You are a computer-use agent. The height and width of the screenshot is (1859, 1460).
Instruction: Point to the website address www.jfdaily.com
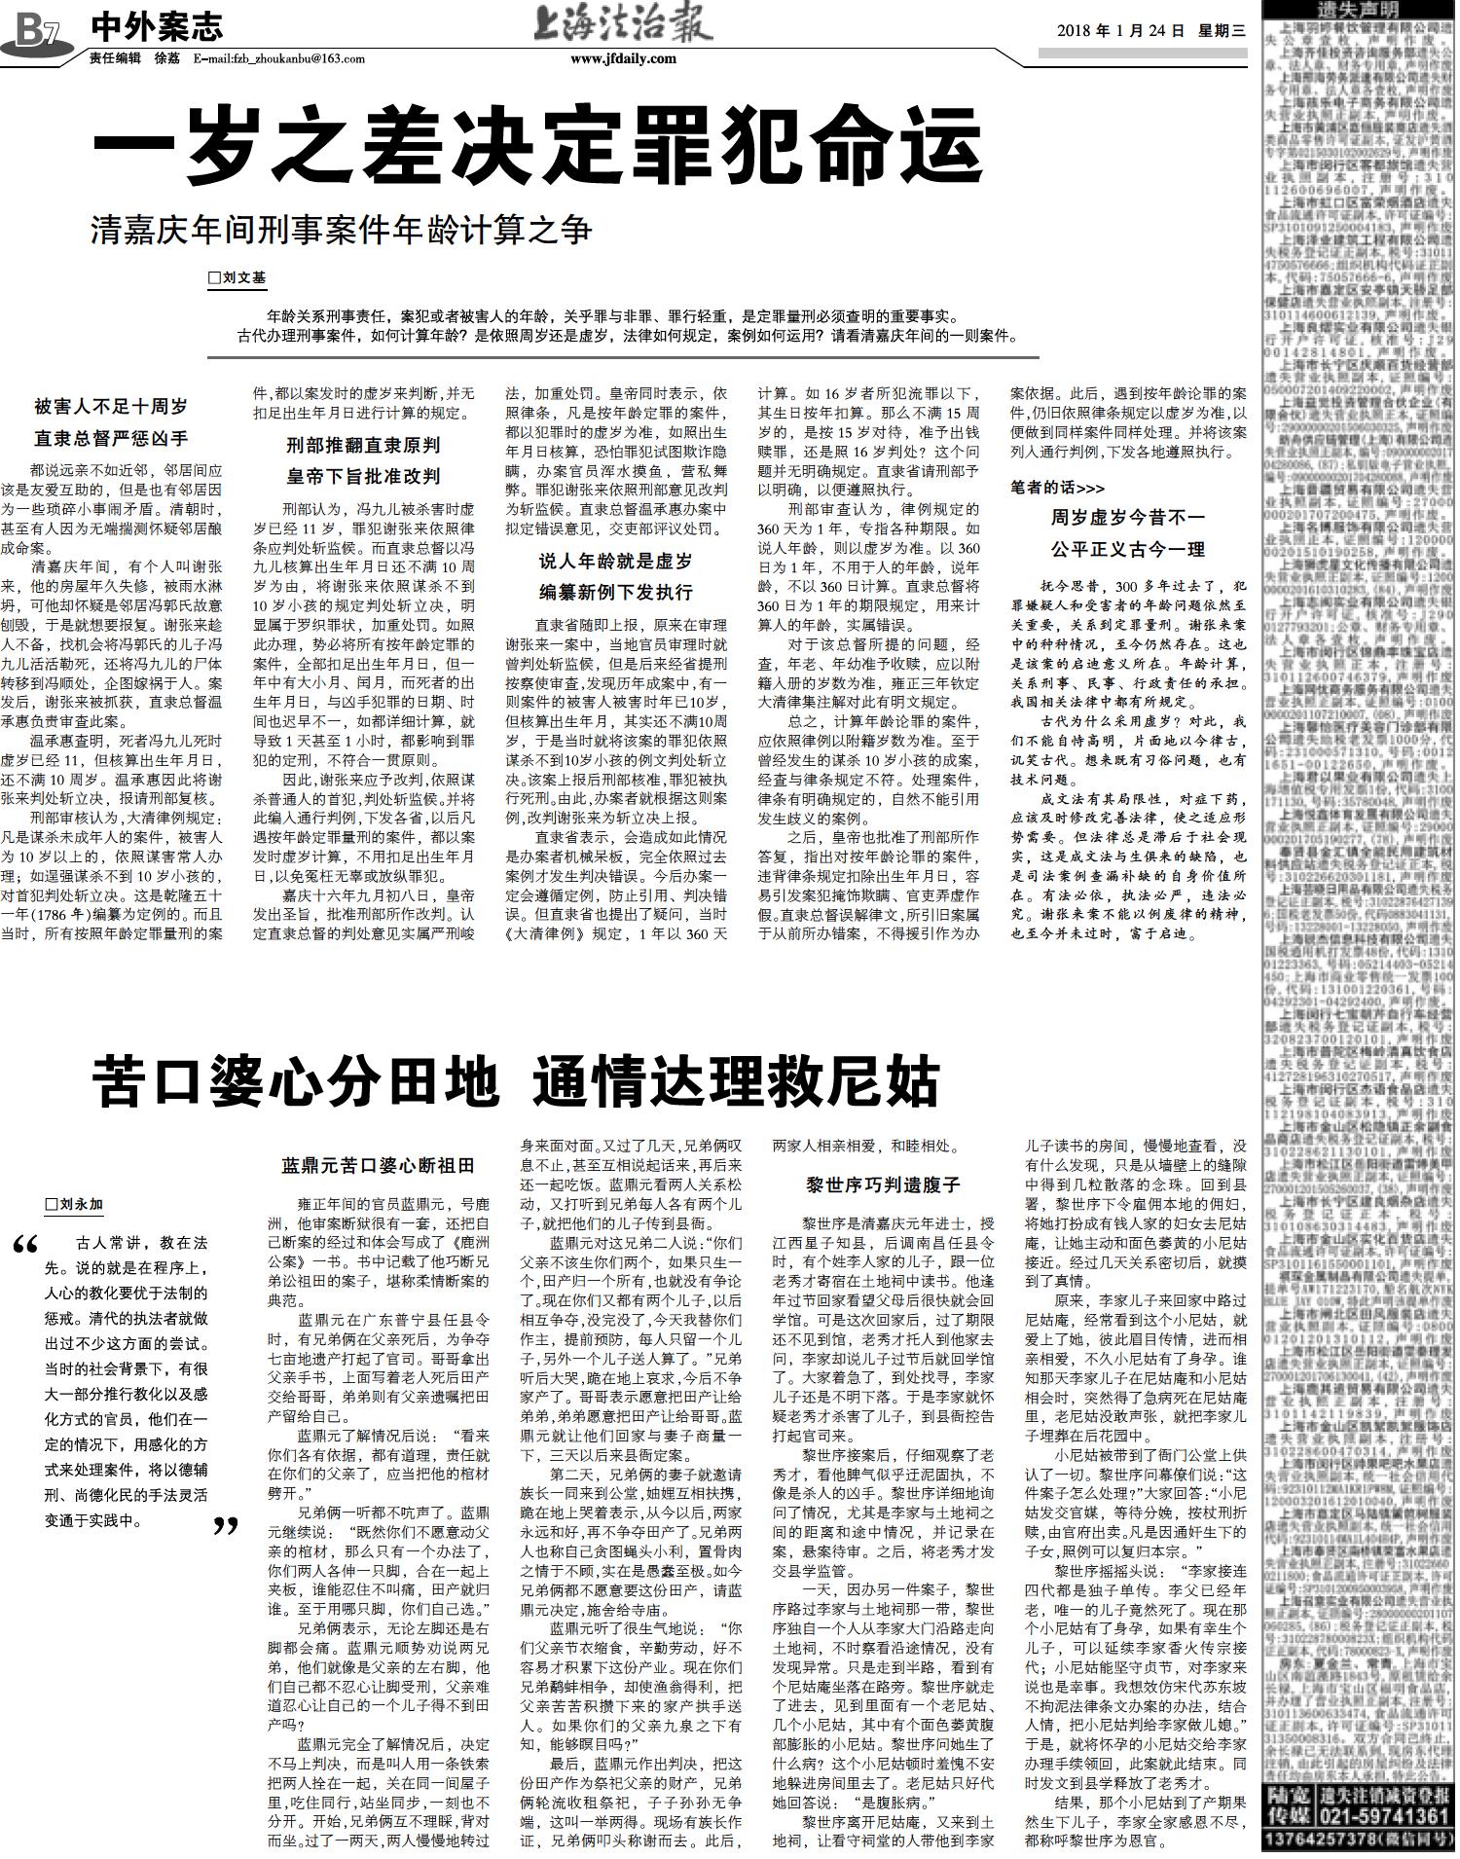[623, 58]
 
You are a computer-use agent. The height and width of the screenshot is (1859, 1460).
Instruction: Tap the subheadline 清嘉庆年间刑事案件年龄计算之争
[341, 232]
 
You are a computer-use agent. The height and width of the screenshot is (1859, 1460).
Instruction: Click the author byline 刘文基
[237, 278]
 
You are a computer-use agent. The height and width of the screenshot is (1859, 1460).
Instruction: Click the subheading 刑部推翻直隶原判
[363, 446]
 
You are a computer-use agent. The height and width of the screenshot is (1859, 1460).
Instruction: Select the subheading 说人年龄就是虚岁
[615, 562]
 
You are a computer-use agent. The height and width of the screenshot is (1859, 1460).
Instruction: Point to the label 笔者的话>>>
[1057, 488]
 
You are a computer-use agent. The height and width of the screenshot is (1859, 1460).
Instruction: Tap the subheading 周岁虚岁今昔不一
[1126, 517]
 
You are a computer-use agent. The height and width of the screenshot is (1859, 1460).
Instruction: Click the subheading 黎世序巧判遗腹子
[883, 1185]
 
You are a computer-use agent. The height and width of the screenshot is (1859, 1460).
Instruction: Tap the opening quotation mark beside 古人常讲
[27, 1246]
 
